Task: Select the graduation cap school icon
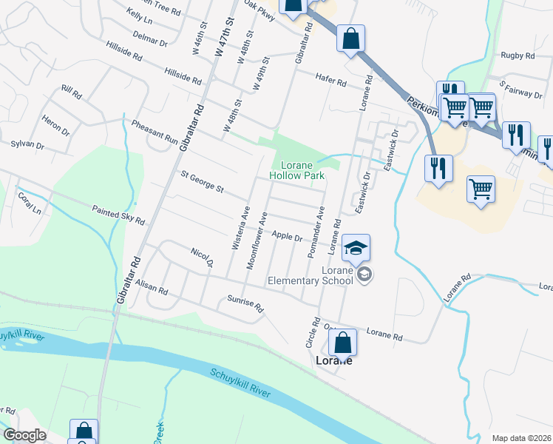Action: point(356,248)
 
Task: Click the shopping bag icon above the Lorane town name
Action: point(342,343)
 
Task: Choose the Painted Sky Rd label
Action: point(118,215)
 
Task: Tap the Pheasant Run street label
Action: point(155,132)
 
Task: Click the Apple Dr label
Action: point(287,236)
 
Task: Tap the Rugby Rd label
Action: point(517,55)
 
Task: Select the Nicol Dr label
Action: point(202,258)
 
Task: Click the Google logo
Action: point(25,435)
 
